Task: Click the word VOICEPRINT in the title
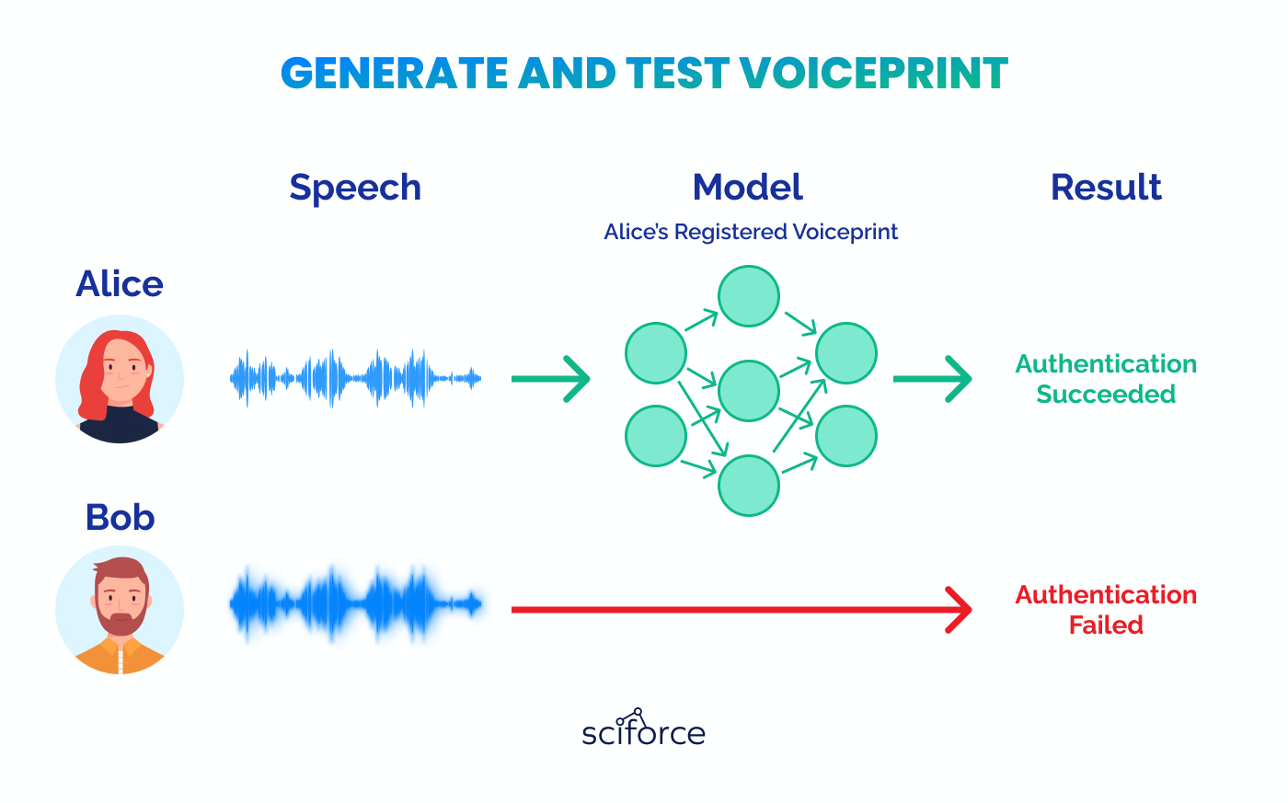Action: point(874,74)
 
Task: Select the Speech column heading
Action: point(355,188)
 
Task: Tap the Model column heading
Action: point(747,188)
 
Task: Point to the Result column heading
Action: point(1106,188)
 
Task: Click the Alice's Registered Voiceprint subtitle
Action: point(751,232)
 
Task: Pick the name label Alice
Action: point(120,284)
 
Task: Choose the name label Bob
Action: point(120,517)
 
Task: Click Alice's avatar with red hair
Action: point(120,379)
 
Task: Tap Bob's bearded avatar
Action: point(120,611)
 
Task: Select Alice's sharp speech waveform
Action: point(355,378)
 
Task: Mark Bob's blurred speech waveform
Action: point(355,605)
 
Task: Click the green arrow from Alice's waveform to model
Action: point(550,379)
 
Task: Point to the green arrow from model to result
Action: point(932,379)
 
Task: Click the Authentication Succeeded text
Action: point(1106,379)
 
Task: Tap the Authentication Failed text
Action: point(1106,610)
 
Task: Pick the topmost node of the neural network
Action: point(749,296)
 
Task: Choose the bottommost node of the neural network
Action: point(749,485)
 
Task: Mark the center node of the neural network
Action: point(749,391)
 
